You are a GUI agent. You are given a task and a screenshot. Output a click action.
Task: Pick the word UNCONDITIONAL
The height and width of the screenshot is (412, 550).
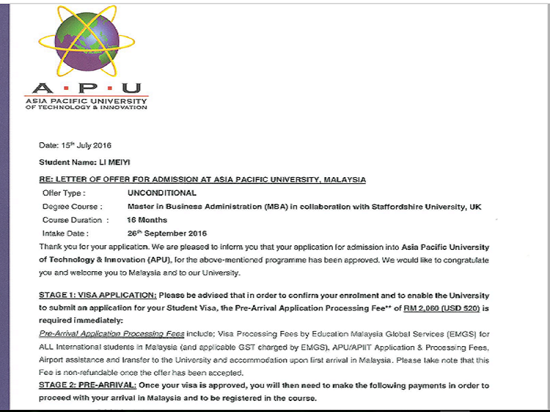(x=162, y=194)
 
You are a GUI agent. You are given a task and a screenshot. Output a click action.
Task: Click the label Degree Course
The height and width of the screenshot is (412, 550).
(x=72, y=207)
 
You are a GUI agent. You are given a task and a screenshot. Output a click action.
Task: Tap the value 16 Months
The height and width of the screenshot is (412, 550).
(x=147, y=220)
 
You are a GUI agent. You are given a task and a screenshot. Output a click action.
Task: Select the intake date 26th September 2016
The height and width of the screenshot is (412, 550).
(x=167, y=233)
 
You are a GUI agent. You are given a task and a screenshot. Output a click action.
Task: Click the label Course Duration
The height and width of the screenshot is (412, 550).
(x=76, y=220)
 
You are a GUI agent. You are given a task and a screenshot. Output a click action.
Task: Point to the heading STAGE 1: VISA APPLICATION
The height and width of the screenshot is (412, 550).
(x=98, y=295)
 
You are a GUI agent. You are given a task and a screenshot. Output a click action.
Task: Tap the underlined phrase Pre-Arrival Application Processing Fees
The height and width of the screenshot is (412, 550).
(x=111, y=334)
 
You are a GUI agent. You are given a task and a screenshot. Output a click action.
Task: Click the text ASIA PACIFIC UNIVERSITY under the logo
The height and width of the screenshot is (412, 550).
(x=86, y=101)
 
